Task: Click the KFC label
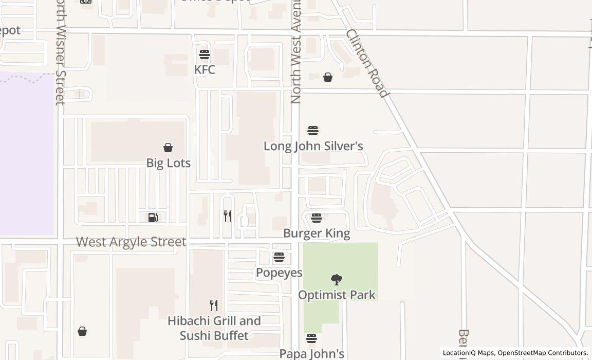[x=205, y=69]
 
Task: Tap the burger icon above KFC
[x=205, y=54]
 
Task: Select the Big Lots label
[x=168, y=163]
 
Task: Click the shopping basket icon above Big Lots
[x=168, y=148]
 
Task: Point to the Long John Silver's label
[x=313, y=146]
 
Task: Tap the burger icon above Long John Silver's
[x=313, y=131]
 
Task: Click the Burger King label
[x=317, y=233]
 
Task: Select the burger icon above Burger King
[x=317, y=218]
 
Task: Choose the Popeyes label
[x=279, y=273]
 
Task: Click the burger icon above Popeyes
[x=279, y=257]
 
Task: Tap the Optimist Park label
[x=337, y=295]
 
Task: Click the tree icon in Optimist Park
[x=337, y=280]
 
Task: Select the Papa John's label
[x=311, y=354]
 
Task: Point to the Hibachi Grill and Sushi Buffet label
[x=214, y=328]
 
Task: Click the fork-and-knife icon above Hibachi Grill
[x=214, y=305]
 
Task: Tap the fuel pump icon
[x=153, y=218]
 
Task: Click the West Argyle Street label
[x=131, y=242]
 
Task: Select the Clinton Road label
[x=366, y=63]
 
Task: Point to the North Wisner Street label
[x=61, y=51]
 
